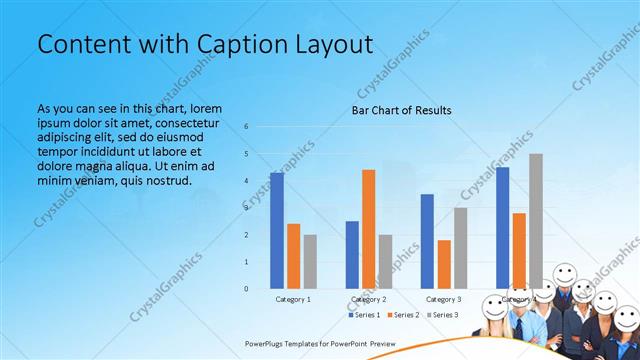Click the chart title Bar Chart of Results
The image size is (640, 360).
point(401,110)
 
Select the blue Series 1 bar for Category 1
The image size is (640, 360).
point(276,231)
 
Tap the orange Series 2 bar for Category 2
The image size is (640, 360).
point(369,229)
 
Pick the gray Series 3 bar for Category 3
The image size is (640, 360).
point(460,248)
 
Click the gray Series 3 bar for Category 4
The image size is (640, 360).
point(536,221)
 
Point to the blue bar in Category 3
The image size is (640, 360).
point(427,241)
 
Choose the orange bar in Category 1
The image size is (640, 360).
point(293,256)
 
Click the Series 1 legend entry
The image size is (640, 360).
point(367,315)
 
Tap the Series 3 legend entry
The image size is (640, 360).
point(443,315)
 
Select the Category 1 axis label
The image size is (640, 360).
point(293,299)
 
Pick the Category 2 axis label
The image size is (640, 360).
point(369,299)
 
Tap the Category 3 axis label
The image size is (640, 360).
point(444,299)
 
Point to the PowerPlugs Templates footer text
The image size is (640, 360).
point(320,343)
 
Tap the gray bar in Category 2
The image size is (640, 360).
point(386,262)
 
